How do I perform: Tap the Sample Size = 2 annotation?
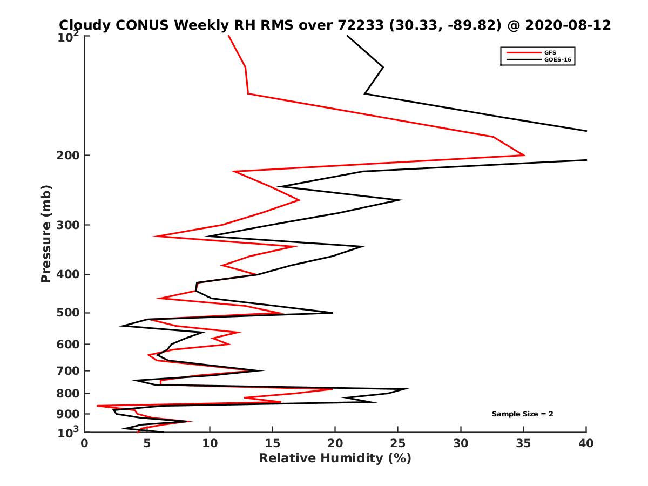point(522,414)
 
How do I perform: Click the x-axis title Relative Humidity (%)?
point(335,458)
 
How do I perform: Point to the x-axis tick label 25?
point(398,443)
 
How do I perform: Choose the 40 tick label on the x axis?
point(586,443)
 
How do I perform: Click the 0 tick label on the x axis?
point(85,443)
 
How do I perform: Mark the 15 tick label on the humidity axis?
point(273,443)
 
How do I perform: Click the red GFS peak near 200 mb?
point(524,155)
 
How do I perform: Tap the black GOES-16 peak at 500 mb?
point(333,313)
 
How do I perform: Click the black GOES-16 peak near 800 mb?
point(408,389)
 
